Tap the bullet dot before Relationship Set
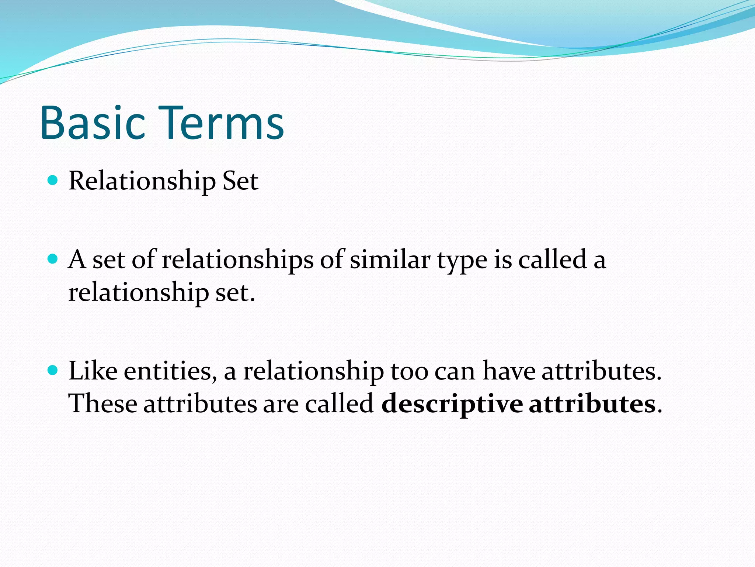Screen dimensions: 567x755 53,181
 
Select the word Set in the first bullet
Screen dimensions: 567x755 240,181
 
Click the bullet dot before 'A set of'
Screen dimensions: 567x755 53,259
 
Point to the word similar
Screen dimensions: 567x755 390,260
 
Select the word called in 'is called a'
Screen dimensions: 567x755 552,260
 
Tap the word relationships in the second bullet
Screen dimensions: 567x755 237,260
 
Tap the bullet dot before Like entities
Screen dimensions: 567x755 53,370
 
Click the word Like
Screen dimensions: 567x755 93,371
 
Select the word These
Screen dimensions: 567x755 103,403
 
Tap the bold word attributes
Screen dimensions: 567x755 592,403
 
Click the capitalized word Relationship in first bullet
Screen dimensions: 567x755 142,182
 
